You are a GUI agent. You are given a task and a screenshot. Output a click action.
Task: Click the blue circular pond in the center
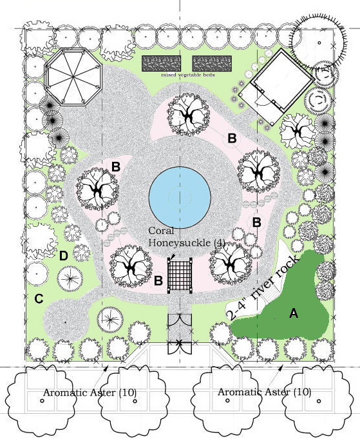180,197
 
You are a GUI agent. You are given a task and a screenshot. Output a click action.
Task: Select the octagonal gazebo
73,77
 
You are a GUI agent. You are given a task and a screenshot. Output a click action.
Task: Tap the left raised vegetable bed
161,63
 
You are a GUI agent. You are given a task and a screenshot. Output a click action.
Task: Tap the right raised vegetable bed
212,63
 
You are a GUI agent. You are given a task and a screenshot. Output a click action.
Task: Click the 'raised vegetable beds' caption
188,75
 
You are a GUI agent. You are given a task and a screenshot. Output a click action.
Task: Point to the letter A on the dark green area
294,313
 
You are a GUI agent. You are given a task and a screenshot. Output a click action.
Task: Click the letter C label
39,298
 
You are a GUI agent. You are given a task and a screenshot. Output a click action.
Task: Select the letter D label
63,256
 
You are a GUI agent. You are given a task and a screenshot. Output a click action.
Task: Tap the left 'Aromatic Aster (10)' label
90,393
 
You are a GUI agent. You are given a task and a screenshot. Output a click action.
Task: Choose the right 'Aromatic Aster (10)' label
264,391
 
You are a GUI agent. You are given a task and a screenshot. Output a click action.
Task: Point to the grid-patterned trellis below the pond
180,275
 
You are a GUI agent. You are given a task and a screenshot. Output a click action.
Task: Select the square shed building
276,86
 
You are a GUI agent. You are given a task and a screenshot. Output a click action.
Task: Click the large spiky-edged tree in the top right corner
319,43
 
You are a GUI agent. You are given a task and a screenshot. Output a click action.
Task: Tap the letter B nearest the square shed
232,139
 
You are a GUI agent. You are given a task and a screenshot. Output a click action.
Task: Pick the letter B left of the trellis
158,280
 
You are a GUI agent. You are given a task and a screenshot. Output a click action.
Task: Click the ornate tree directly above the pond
189,114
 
